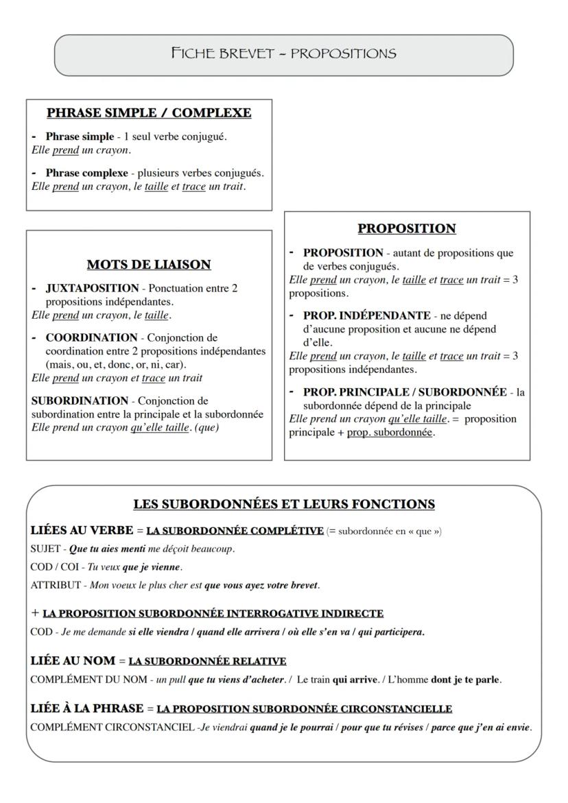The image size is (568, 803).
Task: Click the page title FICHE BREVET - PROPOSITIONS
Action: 283,53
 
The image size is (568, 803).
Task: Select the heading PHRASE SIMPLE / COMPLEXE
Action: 149,112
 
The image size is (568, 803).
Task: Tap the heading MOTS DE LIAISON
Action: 149,264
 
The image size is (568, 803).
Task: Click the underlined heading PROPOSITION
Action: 407,228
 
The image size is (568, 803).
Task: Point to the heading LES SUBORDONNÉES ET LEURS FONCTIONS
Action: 283,504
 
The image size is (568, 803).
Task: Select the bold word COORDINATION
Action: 91,337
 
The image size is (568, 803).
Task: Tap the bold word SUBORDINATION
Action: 80,400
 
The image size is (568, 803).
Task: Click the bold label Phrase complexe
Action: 86,173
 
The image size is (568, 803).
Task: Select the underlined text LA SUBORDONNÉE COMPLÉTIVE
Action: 235,531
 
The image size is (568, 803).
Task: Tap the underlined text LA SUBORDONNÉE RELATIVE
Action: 207,661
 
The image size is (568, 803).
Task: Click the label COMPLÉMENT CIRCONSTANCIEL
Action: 113,728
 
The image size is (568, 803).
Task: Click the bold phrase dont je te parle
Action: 466,680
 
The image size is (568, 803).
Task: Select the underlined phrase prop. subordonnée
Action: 390,433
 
